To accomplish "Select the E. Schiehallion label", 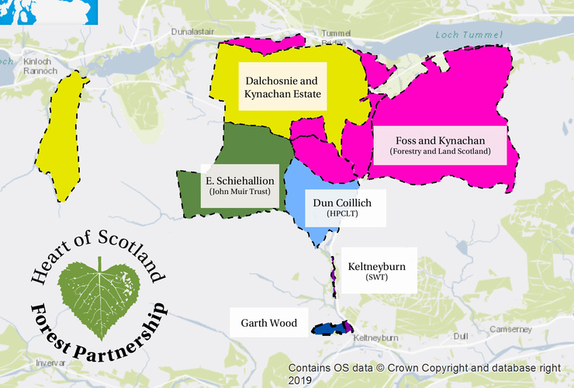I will click(x=240, y=185).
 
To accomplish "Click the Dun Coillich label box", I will click(x=344, y=206).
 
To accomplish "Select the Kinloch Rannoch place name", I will click(x=40, y=66).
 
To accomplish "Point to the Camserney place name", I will click(x=510, y=330).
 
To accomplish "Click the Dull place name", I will click(x=461, y=336).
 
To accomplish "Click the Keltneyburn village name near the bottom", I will click(x=375, y=339).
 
